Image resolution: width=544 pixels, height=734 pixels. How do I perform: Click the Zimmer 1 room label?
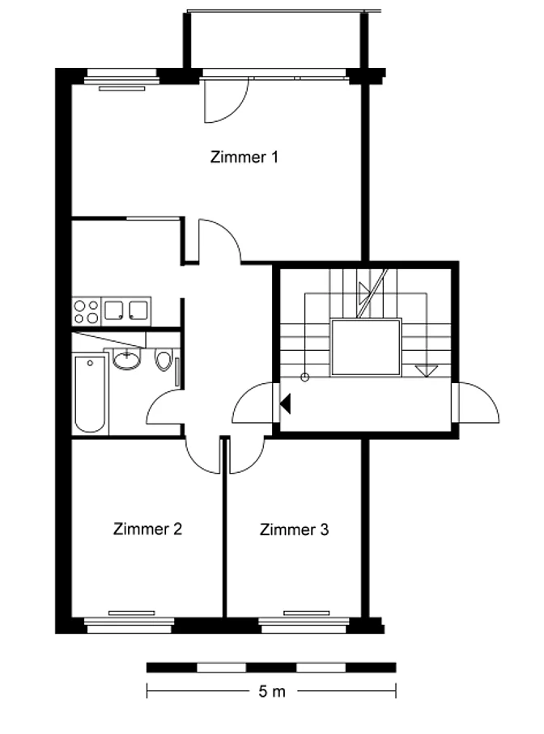point(244,157)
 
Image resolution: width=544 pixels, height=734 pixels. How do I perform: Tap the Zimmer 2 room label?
point(147,529)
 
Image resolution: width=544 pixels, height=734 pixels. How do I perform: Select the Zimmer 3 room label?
point(294,529)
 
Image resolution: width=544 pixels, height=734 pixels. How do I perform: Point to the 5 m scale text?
point(271,691)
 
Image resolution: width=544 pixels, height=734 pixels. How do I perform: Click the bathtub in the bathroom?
point(90,394)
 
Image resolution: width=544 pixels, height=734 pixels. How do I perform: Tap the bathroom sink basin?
point(126,360)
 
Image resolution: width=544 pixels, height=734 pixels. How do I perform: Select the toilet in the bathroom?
point(164,361)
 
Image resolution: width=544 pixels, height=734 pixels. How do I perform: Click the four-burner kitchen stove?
point(87,311)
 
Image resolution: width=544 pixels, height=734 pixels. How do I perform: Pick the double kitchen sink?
point(125,310)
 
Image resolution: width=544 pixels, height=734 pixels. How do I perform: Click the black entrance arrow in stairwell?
point(285,403)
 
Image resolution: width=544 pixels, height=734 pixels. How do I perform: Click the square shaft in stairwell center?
point(366,348)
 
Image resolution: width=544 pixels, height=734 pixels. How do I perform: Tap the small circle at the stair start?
point(305,377)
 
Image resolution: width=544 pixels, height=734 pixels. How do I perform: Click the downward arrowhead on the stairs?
point(427,371)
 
